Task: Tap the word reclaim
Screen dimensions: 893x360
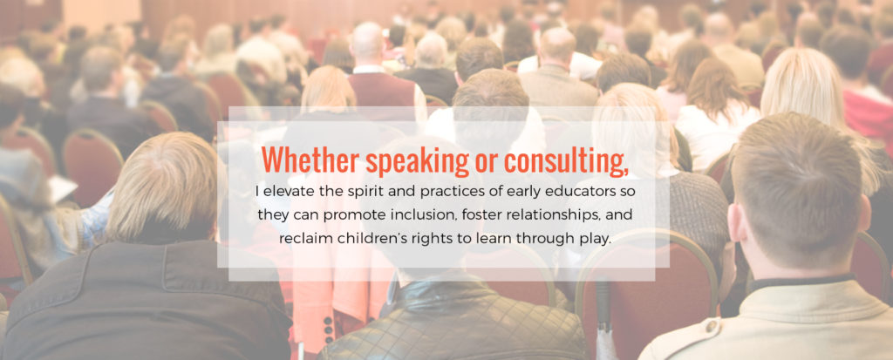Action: point(299,239)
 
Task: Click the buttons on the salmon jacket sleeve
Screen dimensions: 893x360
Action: point(329,329)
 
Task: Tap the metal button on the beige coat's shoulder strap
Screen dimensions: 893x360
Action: point(711,326)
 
